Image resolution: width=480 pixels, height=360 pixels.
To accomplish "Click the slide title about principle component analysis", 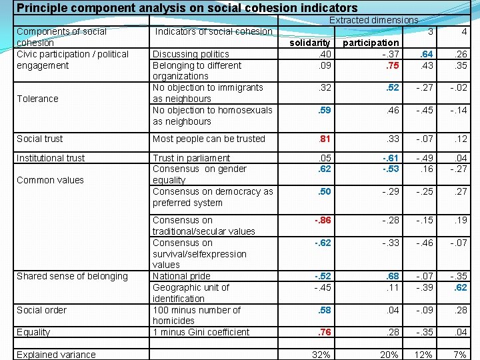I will click(187, 9).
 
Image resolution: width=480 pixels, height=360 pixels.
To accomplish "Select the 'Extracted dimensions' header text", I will click(373, 21).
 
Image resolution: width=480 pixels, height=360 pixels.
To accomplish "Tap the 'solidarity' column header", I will click(311, 43).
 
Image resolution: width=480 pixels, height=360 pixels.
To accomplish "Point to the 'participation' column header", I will click(371, 43).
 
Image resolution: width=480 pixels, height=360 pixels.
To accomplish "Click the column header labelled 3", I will click(431, 31).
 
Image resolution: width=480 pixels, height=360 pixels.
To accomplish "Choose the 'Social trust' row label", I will click(40, 139).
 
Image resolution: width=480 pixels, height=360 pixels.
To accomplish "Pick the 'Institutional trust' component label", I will click(51, 158).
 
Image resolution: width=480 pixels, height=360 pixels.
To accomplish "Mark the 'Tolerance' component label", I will click(37, 99).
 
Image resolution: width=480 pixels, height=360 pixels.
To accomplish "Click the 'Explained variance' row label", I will click(56, 355).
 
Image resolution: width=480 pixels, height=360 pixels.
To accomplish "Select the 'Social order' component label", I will click(41, 310).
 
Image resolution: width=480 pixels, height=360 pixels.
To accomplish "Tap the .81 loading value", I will click(325, 139).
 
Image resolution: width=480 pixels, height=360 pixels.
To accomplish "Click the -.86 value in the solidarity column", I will click(323, 220).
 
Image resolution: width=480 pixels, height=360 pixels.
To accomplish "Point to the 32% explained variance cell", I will click(321, 355).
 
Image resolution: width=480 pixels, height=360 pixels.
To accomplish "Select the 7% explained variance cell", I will click(459, 355).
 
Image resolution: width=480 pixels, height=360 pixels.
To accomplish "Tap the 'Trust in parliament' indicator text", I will click(191, 158).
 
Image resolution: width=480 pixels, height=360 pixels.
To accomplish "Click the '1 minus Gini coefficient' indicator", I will click(201, 332).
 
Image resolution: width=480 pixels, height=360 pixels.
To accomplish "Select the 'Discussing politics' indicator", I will click(191, 54).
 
